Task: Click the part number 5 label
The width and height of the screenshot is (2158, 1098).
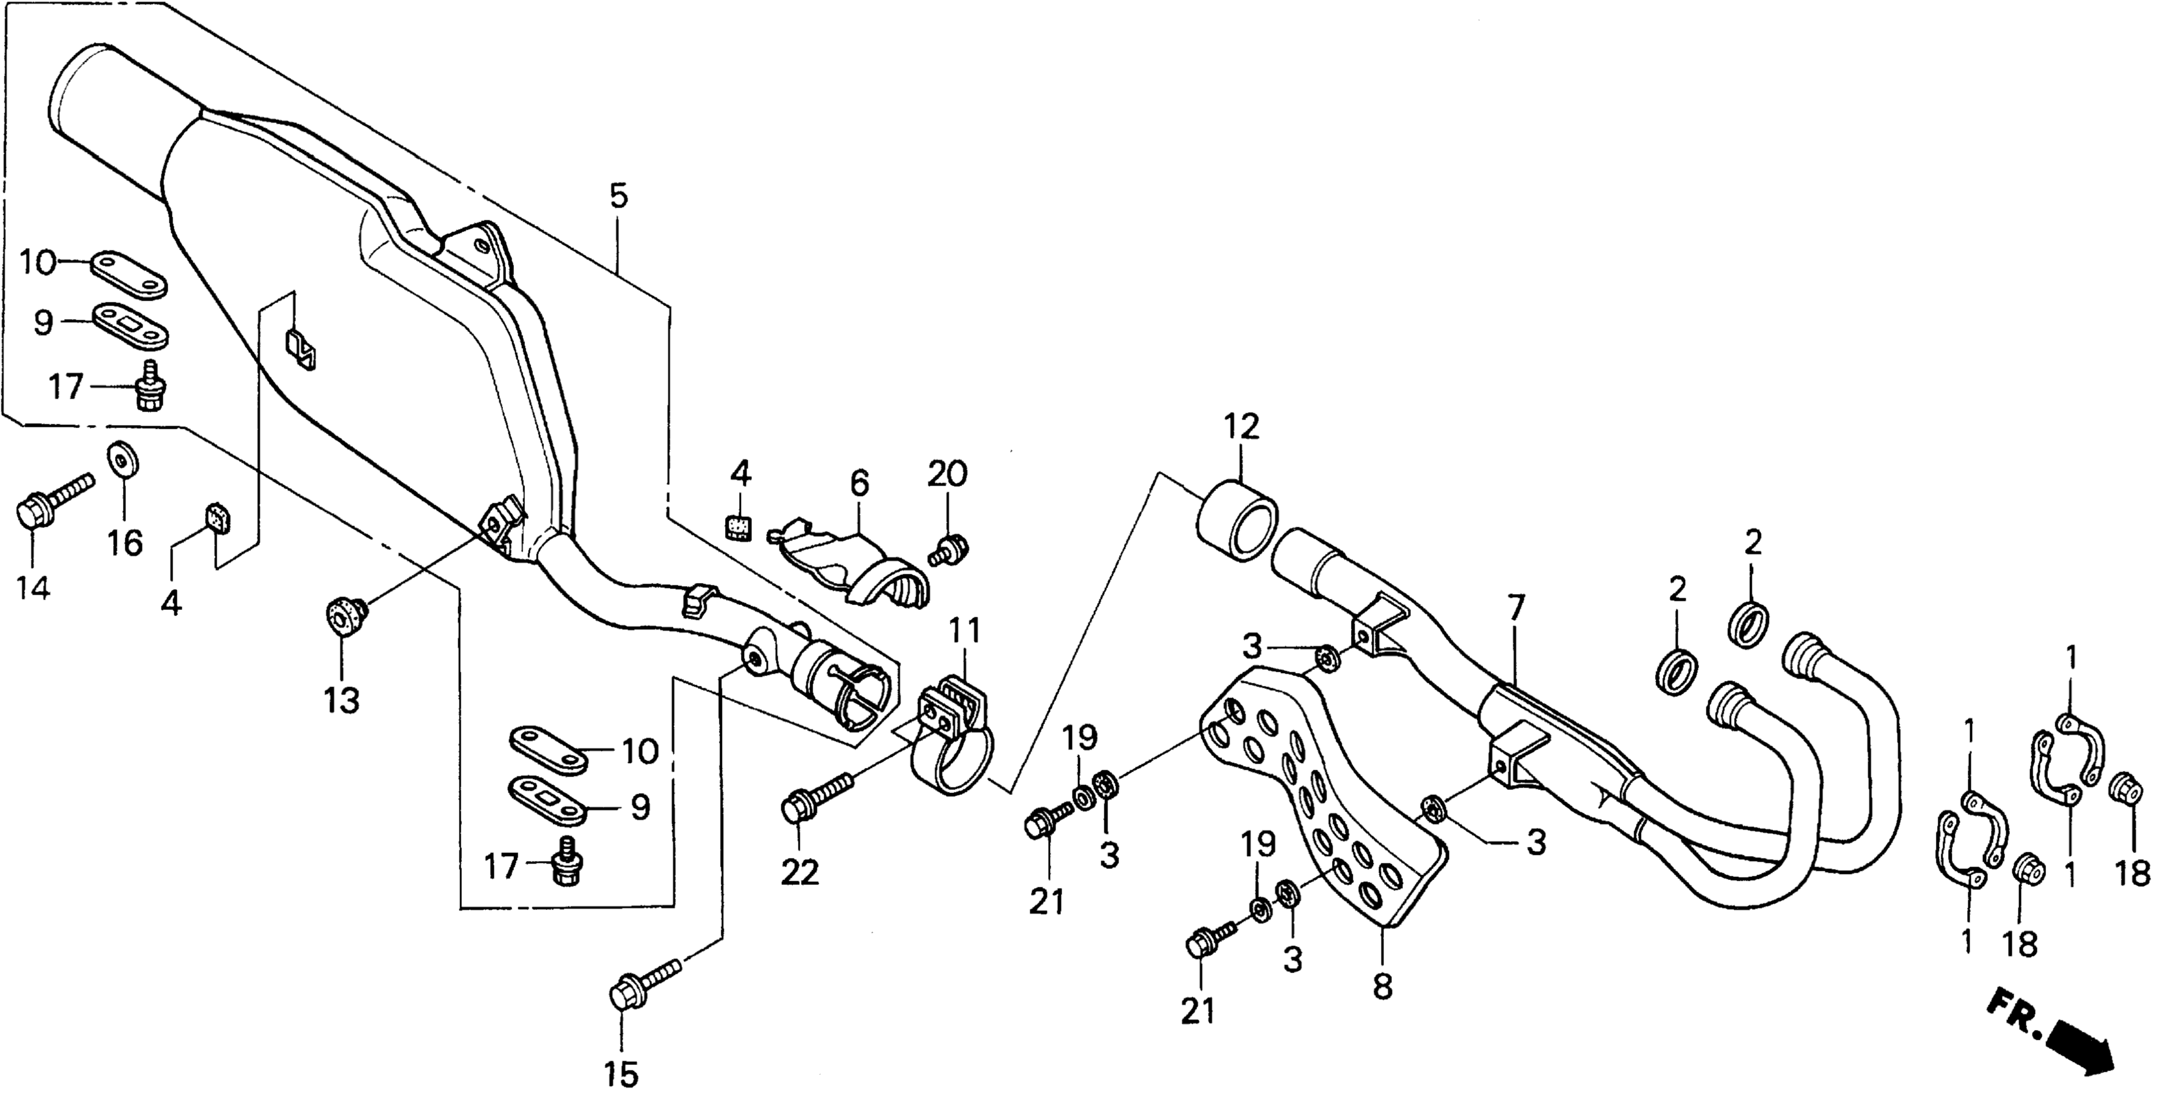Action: [618, 197]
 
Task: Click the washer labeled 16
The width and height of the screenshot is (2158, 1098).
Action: [123, 459]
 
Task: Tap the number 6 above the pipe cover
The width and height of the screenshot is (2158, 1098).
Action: [860, 484]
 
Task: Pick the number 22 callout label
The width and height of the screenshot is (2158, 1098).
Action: [800, 873]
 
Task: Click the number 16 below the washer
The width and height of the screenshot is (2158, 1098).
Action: [125, 543]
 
